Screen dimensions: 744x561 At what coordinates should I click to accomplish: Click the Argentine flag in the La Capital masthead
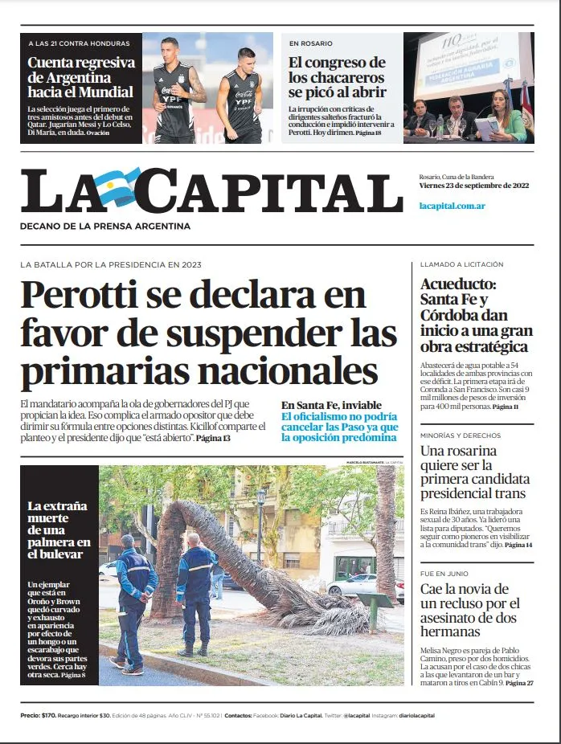click(x=117, y=187)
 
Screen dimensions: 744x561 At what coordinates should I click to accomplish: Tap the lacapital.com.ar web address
click(x=452, y=206)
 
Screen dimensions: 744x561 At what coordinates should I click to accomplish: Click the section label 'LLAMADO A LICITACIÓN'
click(x=461, y=264)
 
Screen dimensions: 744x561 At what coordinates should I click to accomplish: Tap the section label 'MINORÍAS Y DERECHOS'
click(x=460, y=435)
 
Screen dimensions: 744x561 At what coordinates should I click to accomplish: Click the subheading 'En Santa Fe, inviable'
click(x=331, y=405)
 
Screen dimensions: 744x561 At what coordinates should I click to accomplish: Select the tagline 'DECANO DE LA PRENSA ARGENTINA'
click(x=105, y=227)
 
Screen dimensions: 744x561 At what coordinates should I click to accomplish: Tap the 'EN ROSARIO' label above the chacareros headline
click(x=311, y=43)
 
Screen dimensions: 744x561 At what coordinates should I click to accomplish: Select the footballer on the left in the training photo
click(x=173, y=88)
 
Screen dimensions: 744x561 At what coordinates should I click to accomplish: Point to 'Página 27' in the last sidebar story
click(x=518, y=683)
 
